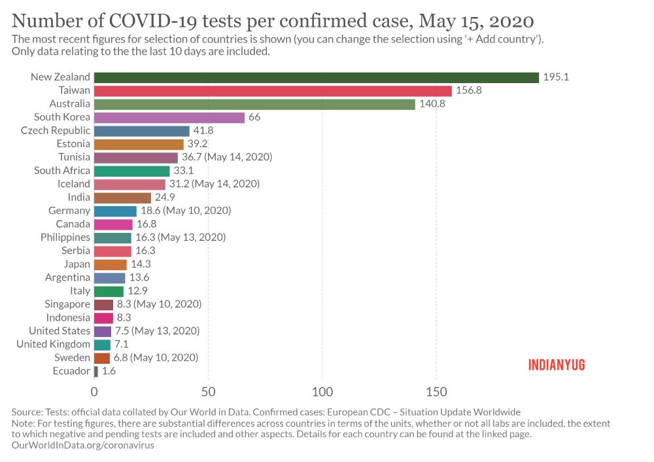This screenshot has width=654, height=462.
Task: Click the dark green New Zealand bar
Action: (x=316, y=77)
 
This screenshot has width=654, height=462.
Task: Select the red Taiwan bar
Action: (x=273, y=90)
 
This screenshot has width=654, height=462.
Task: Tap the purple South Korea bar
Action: (x=169, y=117)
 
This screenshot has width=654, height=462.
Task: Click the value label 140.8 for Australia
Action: (x=432, y=104)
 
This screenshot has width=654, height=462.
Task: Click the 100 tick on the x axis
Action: (x=322, y=391)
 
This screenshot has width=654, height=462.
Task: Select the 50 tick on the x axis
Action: (x=208, y=391)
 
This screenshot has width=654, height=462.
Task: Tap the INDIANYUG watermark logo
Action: (x=557, y=364)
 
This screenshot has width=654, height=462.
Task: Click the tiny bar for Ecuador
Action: (x=96, y=371)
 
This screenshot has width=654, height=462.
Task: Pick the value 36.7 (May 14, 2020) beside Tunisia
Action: (x=227, y=157)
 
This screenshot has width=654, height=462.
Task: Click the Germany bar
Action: (x=115, y=211)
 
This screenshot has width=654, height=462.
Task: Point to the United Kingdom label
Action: (x=53, y=344)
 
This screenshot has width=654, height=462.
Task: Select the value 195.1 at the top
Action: (x=556, y=77)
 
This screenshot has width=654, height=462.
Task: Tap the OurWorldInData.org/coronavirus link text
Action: (x=77, y=444)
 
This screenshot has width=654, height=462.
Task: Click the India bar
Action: (x=122, y=197)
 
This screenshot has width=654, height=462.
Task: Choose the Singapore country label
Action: (x=67, y=304)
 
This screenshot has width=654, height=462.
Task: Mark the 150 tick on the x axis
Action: (x=436, y=391)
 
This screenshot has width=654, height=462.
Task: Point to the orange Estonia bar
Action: (x=139, y=144)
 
